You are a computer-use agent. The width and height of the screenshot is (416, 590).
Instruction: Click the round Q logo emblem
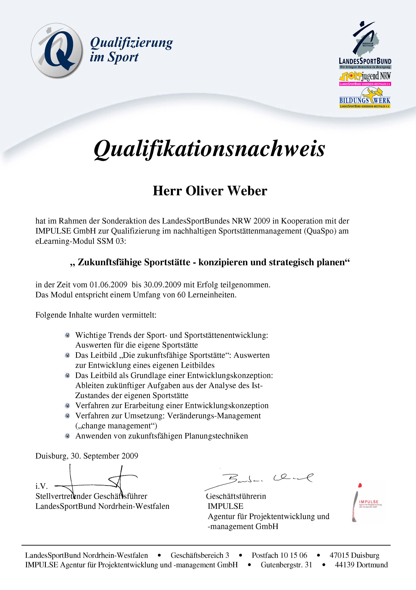[x=57, y=50]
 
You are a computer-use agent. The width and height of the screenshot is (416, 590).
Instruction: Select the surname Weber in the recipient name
[x=247, y=191]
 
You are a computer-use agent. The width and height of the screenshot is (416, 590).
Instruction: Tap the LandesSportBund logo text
[x=365, y=61]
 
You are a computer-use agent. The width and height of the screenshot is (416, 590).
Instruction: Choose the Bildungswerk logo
[x=365, y=99]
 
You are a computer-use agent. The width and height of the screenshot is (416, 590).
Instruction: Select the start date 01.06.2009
[x=108, y=285]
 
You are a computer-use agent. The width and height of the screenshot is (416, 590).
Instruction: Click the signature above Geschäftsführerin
[x=260, y=479]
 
